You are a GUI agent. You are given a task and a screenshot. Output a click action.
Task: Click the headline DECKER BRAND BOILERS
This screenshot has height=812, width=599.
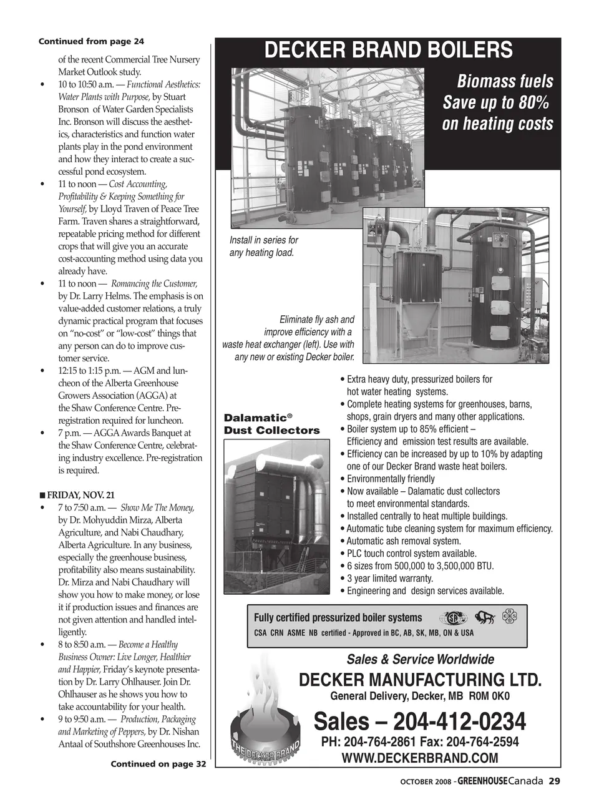pyautogui.click(x=388, y=51)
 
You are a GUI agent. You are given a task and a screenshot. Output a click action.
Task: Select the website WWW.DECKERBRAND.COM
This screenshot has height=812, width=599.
pyautogui.click(x=419, y=758)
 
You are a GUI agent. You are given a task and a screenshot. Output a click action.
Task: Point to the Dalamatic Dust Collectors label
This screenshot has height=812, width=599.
pyautogui.click(x=271, y=424)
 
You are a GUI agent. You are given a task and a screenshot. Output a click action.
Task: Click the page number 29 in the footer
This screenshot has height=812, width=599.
pyautogui.click(x=555, y=781)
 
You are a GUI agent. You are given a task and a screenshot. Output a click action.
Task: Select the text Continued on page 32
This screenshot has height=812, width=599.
pyautogui.click(x=158, y=764)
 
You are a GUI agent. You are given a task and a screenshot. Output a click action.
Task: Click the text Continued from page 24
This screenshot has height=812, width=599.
pyautogui.click(x=91, y=41)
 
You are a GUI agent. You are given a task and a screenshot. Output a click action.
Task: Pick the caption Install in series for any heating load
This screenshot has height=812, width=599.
pyautogui.click(x=263, y=247)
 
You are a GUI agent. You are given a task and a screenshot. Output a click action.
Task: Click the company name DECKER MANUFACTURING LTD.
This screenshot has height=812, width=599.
pyautogui.click(x=420, y=680)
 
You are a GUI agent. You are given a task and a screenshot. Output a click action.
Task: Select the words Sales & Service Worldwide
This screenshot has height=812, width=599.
pyautogui.click(x=420, y=660)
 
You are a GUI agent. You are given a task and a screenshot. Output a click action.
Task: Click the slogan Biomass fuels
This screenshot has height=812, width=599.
pyautogui.click(x=505, y=82)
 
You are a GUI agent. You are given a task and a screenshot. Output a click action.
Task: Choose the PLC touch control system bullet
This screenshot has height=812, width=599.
pyautogui.click(x=411, y=554)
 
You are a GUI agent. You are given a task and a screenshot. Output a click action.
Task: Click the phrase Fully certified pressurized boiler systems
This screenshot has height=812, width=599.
pyautogui.click(x=338, y=618)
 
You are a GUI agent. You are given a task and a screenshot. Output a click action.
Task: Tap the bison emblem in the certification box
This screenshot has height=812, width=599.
pyautogui.click(x=485, y=619)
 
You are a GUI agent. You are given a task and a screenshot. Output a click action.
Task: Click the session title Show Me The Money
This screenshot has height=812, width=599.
pyautogui.click(x=157, y=507)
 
